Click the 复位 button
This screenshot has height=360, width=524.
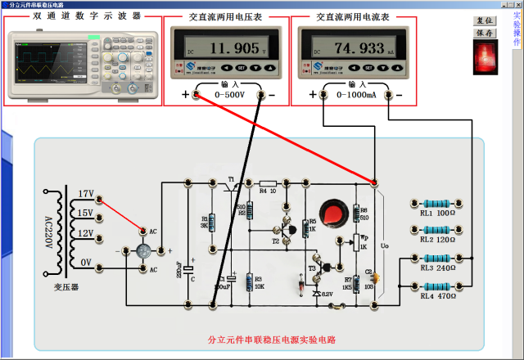pos(485,20)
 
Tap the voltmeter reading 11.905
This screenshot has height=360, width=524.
pos(217,47)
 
